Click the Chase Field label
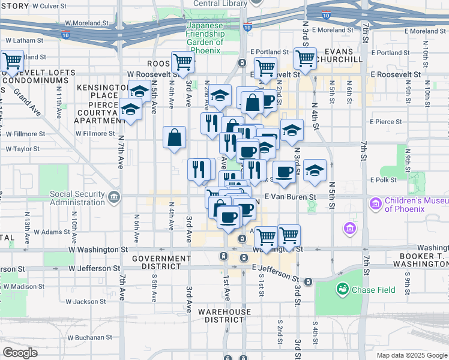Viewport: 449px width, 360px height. (373, 290)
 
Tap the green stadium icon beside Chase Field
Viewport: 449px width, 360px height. (343, 289)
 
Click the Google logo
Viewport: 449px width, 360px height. (20, 353)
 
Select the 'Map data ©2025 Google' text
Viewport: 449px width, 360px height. (412, 355)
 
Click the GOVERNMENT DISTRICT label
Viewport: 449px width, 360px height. (162, 262)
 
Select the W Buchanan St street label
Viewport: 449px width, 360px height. (88, 337)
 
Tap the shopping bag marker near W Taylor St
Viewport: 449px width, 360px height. (173, 137)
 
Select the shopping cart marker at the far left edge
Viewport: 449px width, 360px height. (11, 61)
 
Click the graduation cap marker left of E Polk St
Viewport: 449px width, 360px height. (314, 171)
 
